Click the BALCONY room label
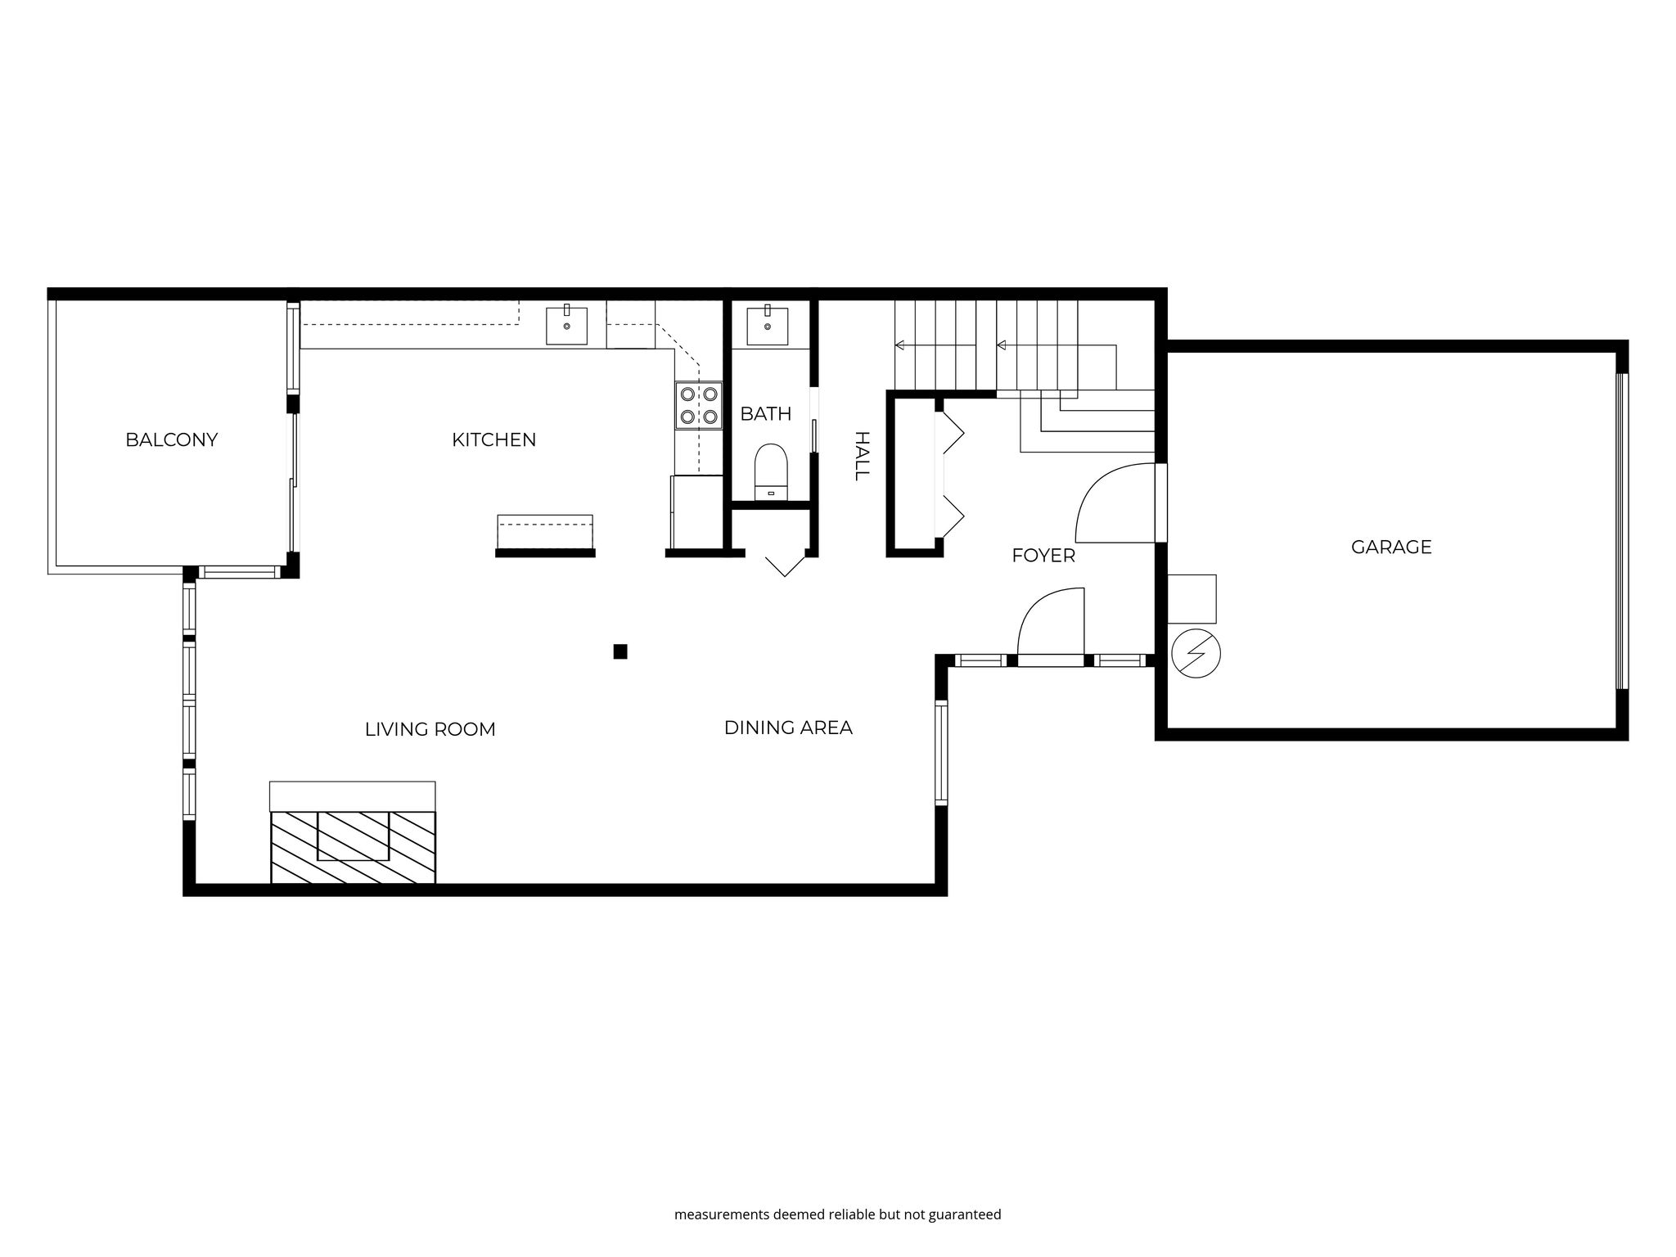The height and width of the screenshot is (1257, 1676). [x=172, y=439]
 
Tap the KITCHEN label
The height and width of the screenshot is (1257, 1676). [x=493, y=439]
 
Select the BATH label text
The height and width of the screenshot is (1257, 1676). [x=766, y=414]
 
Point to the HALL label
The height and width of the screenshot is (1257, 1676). [x=861, y=456]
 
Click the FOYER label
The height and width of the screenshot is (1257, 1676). [x=1043, y=556]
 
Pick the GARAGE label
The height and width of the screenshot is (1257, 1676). [x=1391, y=547]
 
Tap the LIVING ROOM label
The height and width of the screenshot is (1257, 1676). [x=430, y=729]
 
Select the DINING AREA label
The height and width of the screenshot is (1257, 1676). [x=788, y=728]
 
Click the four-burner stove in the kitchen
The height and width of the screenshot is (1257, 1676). [x=699, y=406]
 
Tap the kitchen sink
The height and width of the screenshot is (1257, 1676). [x=566, y=325]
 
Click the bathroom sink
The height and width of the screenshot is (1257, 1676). [x=768, y=326]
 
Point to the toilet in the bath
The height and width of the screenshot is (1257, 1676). [x=770, y=472]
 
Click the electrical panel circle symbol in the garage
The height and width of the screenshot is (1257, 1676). [x=1196, y=654]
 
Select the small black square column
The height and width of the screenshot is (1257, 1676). [x=620, y=651]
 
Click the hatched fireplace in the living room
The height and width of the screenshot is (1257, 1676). [x=353, y=847]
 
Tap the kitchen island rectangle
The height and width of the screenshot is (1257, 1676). [x=545, y=532]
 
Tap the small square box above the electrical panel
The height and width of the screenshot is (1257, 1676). [x=1192, y=599]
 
